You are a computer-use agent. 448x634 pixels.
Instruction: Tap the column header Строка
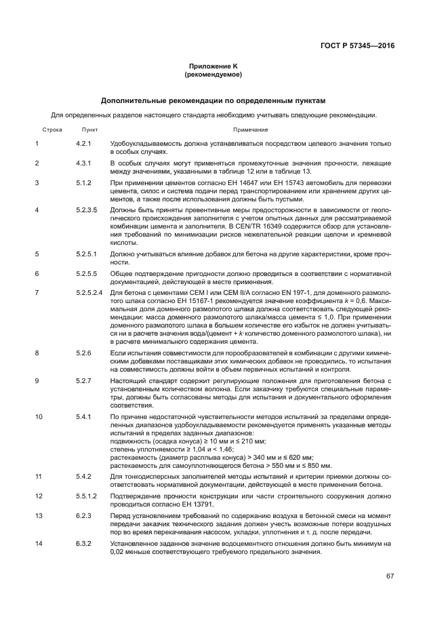click(52, 129)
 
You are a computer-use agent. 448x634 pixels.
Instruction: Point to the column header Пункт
click(90, 129)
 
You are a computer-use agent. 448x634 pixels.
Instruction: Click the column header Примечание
click(251, 129)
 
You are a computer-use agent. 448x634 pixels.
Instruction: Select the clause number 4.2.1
click(83, 144)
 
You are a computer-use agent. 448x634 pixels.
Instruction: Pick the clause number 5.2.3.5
click(87, 210)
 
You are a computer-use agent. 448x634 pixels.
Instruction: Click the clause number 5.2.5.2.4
click(89, 292)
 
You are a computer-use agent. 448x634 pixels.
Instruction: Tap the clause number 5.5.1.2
click(87, 496)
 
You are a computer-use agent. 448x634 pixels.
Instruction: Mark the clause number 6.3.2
click(83, 544)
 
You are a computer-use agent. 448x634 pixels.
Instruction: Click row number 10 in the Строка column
click(39, 416)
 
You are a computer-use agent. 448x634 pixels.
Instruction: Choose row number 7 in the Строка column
click(37, 292)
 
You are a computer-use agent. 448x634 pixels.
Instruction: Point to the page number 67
click(390, 576)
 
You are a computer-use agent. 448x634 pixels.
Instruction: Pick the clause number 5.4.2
click(83, 477)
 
